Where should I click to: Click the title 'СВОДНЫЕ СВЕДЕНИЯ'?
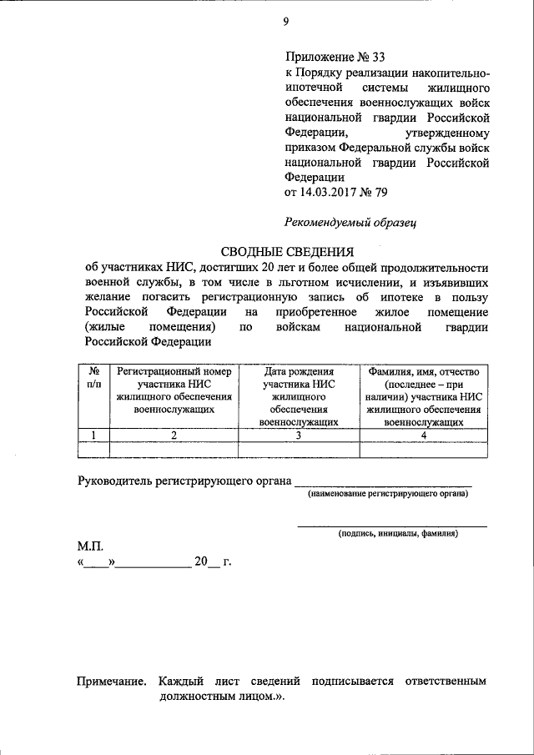[287, 251]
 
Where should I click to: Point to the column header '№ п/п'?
[94, 376]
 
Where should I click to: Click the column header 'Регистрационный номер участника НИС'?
[174, 389]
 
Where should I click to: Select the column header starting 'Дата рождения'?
[298, 395]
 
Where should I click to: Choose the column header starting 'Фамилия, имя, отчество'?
[424, 395]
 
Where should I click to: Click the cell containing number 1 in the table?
[94, 435]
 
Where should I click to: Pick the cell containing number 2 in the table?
[174, 435]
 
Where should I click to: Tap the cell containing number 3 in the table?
[298, 435]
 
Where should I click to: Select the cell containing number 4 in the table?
[424, 435]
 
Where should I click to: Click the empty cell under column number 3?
[298, 450]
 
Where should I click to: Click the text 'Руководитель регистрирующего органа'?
[184, 481]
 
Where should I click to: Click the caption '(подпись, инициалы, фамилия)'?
[398, 534]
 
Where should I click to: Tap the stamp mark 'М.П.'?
[89, 545]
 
